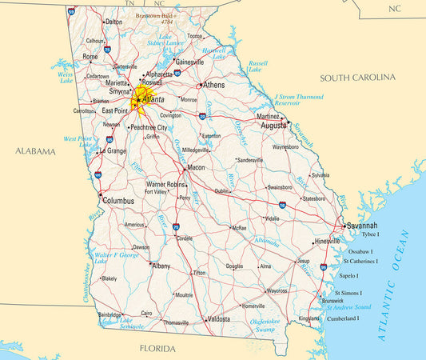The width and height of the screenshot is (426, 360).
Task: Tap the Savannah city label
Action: [x=361, y=226]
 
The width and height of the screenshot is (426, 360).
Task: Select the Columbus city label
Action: [x=118, y=200]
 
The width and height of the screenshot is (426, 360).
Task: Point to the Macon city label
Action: [x=196, y=168]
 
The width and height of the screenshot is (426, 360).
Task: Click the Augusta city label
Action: [x=273, y=126]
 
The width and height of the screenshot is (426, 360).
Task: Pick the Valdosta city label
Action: [x=217, y=319]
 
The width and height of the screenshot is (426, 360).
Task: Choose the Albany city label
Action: [x=161, y=266]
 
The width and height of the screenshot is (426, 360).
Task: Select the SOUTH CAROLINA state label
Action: [x=357, y=78]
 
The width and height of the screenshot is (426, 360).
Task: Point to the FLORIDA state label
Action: [x=157, y=349]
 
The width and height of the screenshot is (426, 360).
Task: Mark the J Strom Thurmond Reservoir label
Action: [x=298, y=100]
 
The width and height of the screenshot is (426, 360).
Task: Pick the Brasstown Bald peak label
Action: [x=155, y=16]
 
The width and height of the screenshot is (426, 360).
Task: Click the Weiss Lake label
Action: [x=66, y=77]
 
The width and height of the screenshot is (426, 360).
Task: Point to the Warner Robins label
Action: [x=165, y=184]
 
